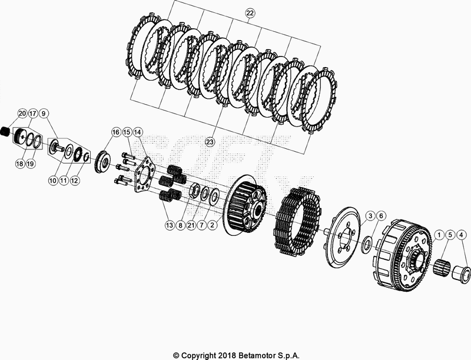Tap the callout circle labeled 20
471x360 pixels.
tap(22, 112)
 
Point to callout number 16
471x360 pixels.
tap(115, 132)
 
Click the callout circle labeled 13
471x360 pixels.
tap(170, 225)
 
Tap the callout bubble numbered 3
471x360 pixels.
tap(369, 216)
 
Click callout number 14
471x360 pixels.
tap(137, 132)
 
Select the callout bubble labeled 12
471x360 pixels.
tap(74, 181)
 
